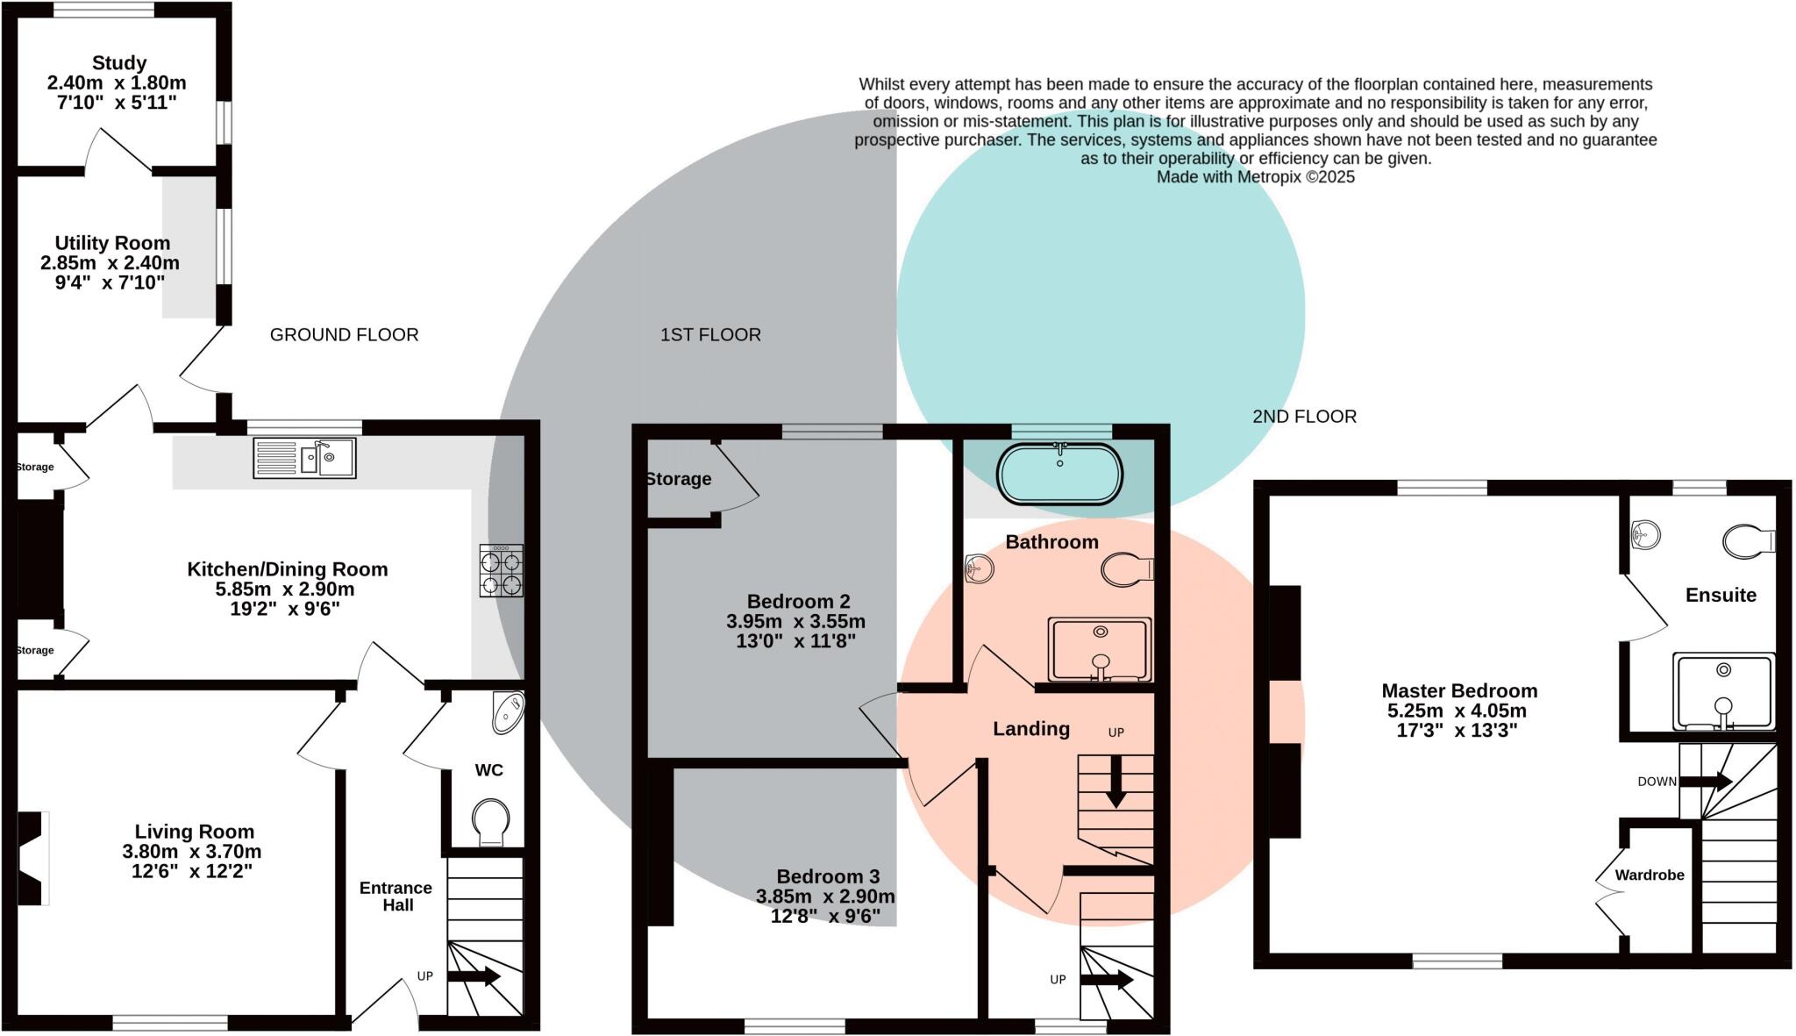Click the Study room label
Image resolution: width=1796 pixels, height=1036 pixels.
click(118, 63)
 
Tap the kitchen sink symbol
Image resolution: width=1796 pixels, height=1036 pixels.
click(304, 458)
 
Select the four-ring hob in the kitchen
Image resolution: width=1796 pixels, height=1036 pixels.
click(502, 571)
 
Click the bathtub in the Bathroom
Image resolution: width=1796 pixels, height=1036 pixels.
click(1059, 475)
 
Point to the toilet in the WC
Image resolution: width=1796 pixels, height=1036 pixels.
click(490, 822)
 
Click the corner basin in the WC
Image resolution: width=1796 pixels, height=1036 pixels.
click(508, 711)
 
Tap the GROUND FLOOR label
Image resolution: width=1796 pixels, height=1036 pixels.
click(344, 334)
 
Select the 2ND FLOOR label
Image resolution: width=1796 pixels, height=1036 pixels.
click(1304, 417)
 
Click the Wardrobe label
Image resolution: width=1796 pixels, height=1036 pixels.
click(1649, 875)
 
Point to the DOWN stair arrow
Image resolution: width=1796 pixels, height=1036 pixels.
click(1706, 781)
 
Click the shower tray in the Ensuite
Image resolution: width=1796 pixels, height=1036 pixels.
click(1723, 690)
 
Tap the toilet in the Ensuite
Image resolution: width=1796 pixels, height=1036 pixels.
click(1748, 541)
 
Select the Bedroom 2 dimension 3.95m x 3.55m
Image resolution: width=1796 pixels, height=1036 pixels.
click(795, 621)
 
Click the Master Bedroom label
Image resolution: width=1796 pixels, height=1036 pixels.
click(1458, 690)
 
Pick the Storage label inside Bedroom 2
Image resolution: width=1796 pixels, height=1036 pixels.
click(678, 479)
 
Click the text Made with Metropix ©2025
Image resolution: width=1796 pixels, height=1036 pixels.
click(1255, 177)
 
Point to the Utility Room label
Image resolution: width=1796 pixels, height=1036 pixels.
click(112, 243)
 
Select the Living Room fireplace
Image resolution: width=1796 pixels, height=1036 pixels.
click(32, 858)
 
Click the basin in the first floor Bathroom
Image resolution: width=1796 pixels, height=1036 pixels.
click(979, 569)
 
